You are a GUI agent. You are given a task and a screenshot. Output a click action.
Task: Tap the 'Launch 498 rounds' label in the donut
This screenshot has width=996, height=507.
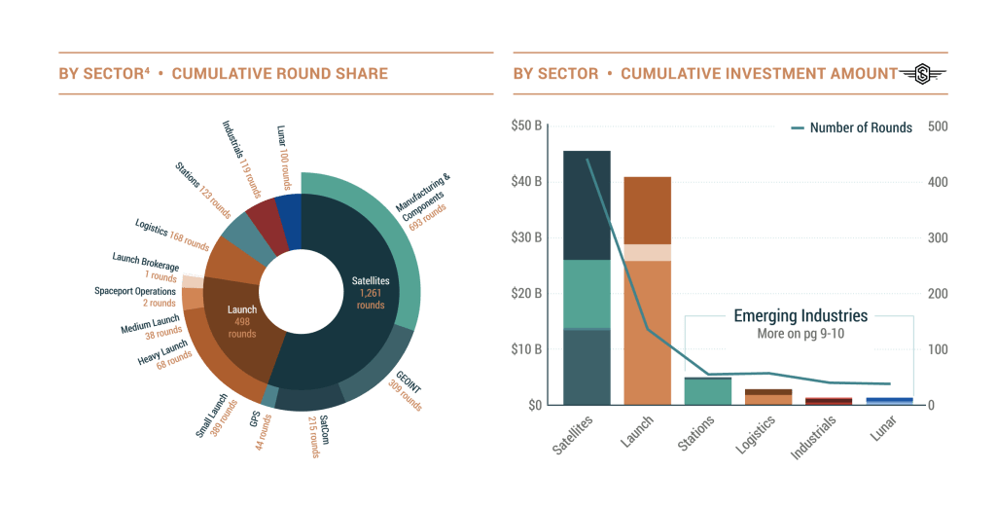pos(241,321)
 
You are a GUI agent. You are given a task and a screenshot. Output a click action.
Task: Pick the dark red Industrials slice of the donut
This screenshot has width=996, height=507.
pos(266,223)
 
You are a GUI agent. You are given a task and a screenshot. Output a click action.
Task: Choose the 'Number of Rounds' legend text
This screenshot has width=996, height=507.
pos(860,127)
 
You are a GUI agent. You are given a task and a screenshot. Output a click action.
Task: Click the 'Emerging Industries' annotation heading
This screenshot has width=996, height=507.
pos(800,316)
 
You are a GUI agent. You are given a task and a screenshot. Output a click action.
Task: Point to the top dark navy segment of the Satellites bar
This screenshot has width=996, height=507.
pos(587,204)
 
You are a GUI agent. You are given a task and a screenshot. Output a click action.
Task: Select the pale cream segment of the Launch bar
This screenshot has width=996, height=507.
pos(648,253)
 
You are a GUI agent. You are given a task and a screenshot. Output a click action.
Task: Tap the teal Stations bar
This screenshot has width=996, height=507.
pos(708,391)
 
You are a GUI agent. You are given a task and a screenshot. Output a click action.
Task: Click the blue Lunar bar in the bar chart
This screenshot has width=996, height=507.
pos(889,400)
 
